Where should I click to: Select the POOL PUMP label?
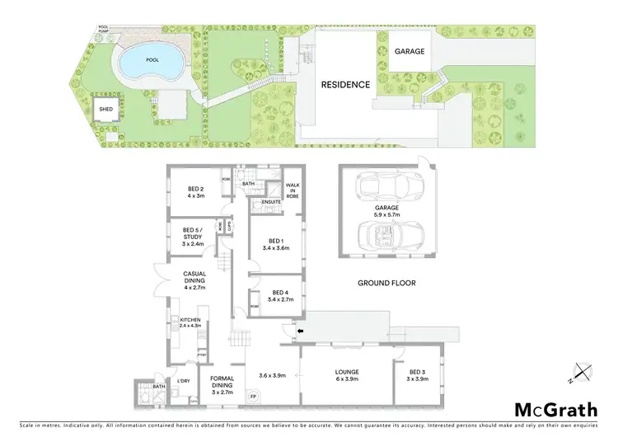tap(104, 30)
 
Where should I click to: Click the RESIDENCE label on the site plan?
tap(345, 84)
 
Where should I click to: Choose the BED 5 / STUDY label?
tap(193, 236)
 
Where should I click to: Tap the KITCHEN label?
tap(190, 322)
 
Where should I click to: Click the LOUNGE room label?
tap(346, 375)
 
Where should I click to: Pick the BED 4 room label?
tap(279, 296)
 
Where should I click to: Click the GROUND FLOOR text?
tap(386, 283)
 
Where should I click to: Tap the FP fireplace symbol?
tap(254, 397)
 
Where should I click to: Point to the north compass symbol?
tap(584, 374)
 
